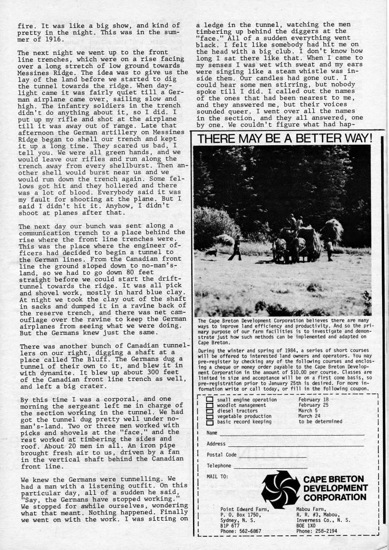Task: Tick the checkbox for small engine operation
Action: click(210, 399)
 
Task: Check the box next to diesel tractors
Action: click(210, 410)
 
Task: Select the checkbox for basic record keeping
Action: click(210, 421)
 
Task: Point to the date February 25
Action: click(313, 405)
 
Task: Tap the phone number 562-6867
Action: click(250, 531)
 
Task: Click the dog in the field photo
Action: click(212, 252)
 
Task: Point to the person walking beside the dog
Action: click(237, 248)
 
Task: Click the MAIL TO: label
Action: click(218, 476)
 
